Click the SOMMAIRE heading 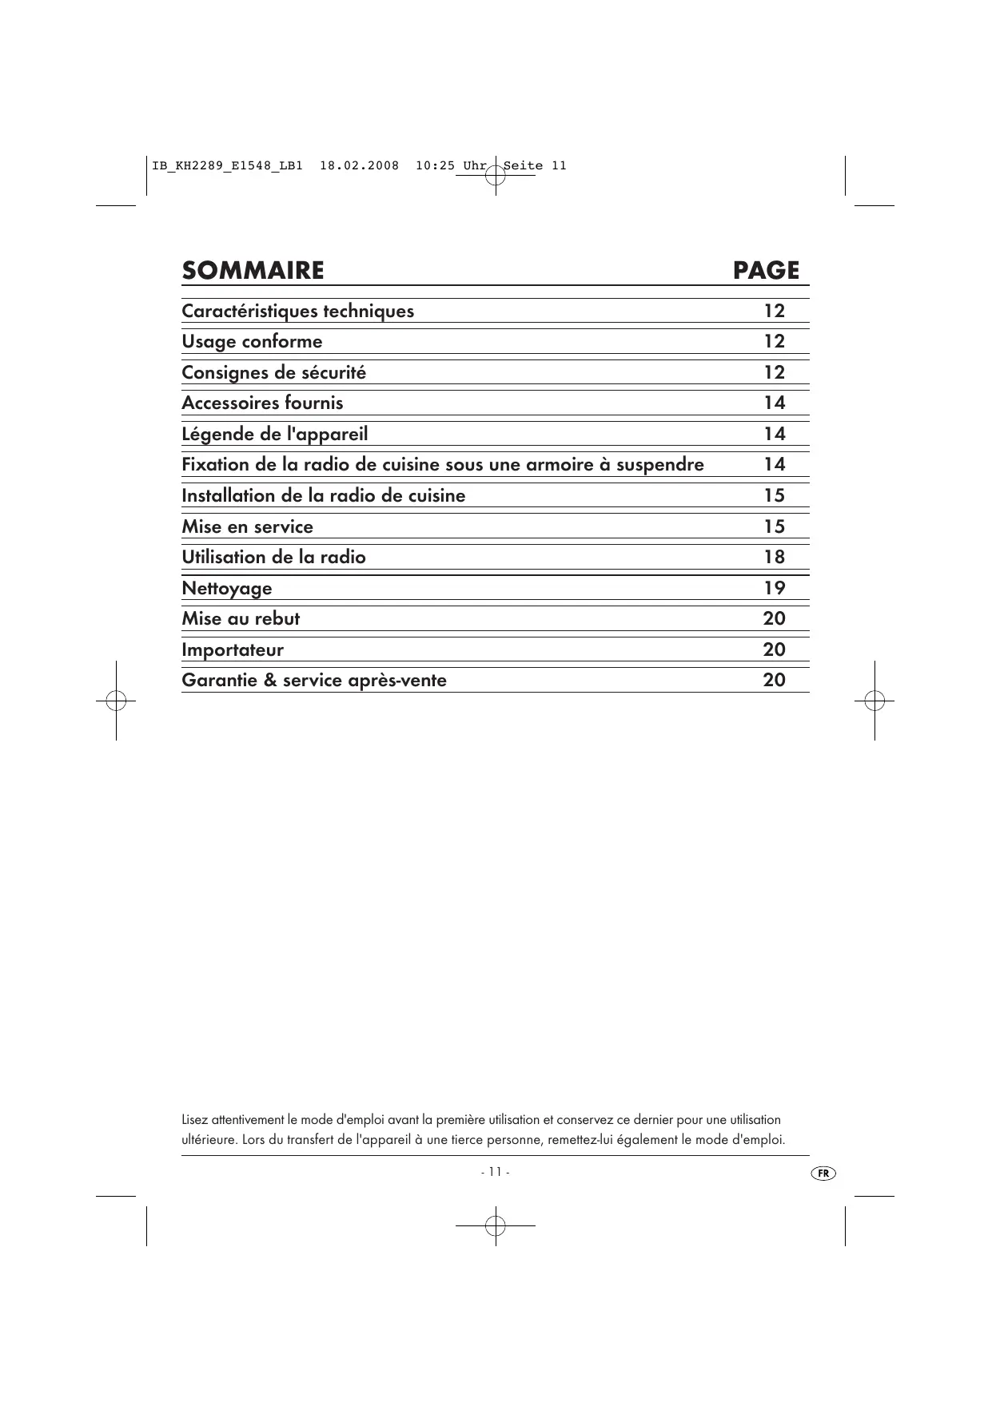click(x=253, y=271)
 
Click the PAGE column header click(x=766, y=271)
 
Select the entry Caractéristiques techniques click(x=297, y=312)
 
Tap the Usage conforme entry click(x=252, y=342)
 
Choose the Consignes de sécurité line click(x=273, y=373)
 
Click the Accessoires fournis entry click(x=262, y=403)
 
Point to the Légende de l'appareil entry click(x=274, y=435)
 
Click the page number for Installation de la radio click(x=774, y=496)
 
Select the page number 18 click(x=774, y=558)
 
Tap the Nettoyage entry click(x=226, y=589)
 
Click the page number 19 click(x=774, y=589)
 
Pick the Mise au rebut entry click(x=241, y=619)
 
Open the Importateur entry click(x=232, y=650)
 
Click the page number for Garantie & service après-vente click(x=774, y=681)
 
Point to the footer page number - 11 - click(x=495, y=1172)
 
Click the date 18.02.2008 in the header click(x=359, y=166)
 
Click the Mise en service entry click(x=247, y=527)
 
